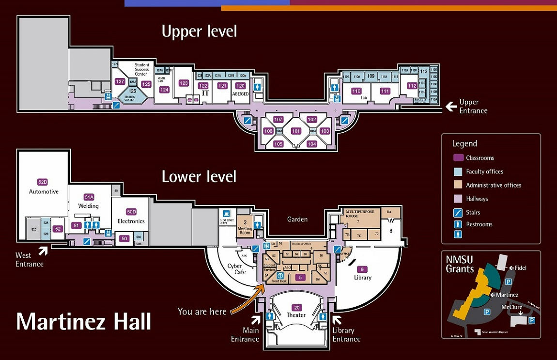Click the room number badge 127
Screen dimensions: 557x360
(x=120, y=81)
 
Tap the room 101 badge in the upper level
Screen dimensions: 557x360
(x=295, y=131)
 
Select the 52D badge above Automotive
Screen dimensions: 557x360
(x=43, y=182)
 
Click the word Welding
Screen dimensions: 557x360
(x=89, y=206)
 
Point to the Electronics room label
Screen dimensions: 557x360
(x=131, y=221)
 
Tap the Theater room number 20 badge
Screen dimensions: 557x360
(x=296, y=307)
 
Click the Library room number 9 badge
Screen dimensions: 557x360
(x=361, y=269)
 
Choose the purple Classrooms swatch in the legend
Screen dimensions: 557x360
(x=458, y=158)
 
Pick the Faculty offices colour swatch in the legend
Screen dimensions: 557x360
(x=458, y=172)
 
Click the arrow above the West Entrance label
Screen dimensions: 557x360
(x=43, y=250)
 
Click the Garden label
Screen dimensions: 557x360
(x=297, y=219)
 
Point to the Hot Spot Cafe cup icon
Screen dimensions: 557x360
(x=226, y=213)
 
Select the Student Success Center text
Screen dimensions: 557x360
(x=141, y=69)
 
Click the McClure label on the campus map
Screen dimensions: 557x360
(x=511, y=307)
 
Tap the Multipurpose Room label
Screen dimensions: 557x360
(x=358, y=214)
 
